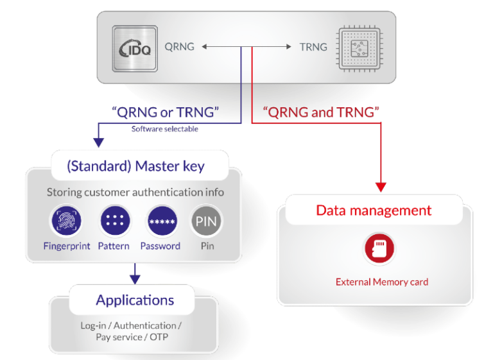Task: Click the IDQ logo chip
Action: click(x=134, y=47)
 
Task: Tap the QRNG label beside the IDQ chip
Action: click(x=179, y=47)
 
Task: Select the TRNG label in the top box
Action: click(x=313, y=47)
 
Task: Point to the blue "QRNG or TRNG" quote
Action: click(x=165, y=112)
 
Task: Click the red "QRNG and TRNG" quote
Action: click(x=322, y=112)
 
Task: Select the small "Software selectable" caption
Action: click(x=165, y=129)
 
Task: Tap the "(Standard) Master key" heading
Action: click(x=135, y=166)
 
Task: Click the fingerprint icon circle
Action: click(x=66, y=221)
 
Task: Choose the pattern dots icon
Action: click(x=115, y=221)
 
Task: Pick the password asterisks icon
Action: click(x=161, y=221)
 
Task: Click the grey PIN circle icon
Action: click(x=207, y=221)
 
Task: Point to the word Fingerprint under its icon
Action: click(x=67, y=246)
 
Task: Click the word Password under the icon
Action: click(x=160, y=246)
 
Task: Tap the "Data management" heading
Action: click(x=374, y=210)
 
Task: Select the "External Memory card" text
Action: click(x=381, y=282)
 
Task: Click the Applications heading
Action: click(x=135, y=300)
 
